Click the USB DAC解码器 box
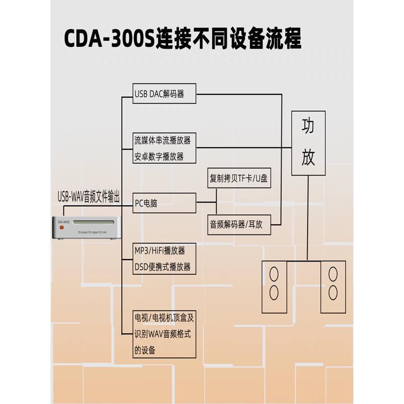164,94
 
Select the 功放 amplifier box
308,143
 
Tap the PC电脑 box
164,203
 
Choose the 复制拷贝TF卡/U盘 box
239,178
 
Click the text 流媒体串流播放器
163,140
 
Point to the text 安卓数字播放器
159,157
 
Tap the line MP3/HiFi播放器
160,250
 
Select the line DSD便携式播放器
163,267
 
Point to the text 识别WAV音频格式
162,334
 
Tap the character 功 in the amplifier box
308,126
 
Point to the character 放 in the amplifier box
308,158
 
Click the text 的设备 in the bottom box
145,350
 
